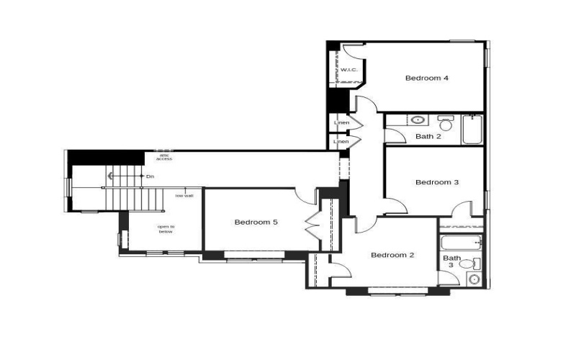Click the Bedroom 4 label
pyautogui.click(x=427, y=78)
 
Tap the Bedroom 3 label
pyautogui.click(x=437, y=182)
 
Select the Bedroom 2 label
pyautogui.click(x=392, y=255)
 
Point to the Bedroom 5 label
pyautogui.click(x=256, y=222)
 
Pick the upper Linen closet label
pyautogui.click(x=341, y=123)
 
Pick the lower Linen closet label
pyautogui.click(x=341, y=141)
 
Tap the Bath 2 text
pyautogui.click(x=428, y=136)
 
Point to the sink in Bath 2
pyautogui.click(x=418, y=120)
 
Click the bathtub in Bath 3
pyautogui.click(x=461, y=243)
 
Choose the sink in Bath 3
pyautogui.click(x=474, y=279)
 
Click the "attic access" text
pyautogui.click(x=164, y=156)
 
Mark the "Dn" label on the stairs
pyautogui.click(x=150, y=176)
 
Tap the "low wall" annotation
pyautogui.click(x=184, y=196)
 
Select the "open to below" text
pyautogui.click(x=166, y=229)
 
